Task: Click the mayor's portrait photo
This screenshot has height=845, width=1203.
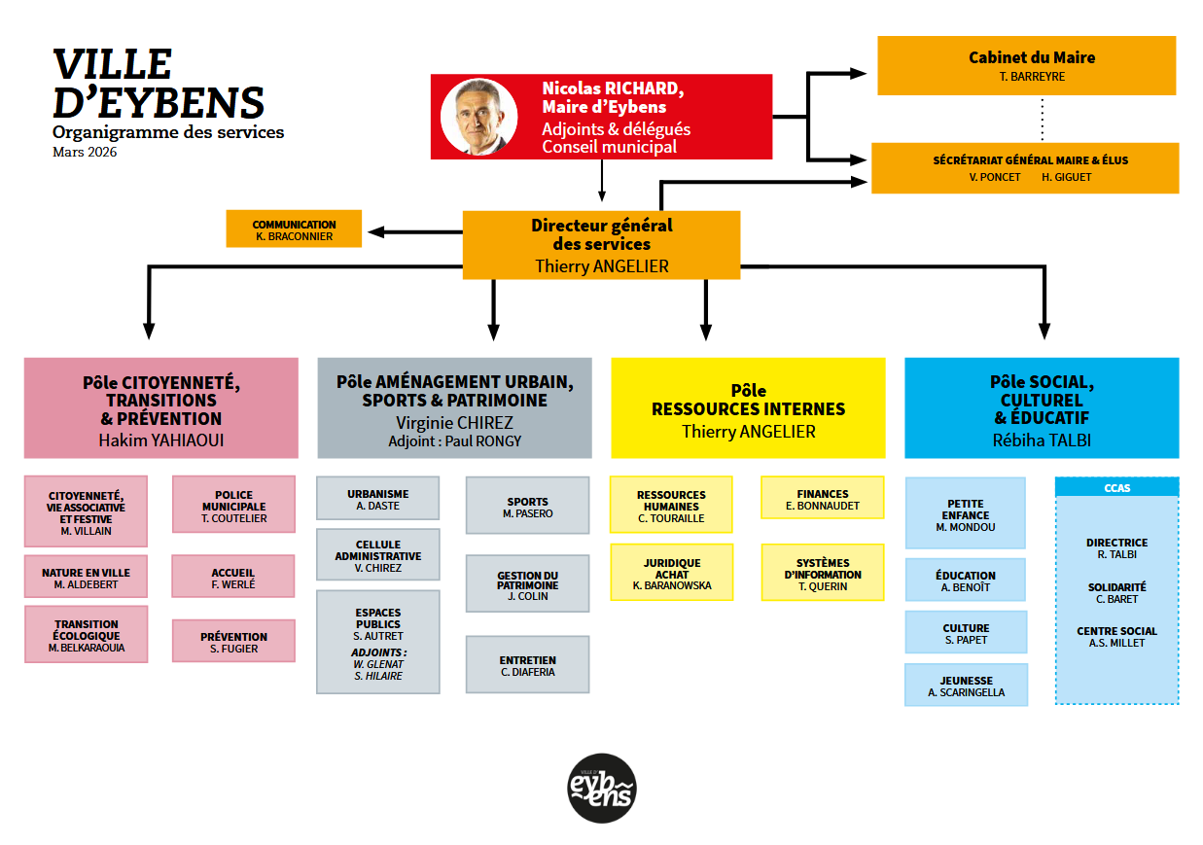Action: (478, 117)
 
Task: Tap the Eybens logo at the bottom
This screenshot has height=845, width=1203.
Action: (602, 788)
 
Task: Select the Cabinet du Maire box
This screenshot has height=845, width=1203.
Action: (1026, 65)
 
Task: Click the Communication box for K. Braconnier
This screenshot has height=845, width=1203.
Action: (294, 229)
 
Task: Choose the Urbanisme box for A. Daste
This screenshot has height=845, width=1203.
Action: (377, 499)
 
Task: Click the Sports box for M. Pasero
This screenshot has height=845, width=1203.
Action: (527, 505)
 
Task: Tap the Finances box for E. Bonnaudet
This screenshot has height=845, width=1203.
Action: (822, 499)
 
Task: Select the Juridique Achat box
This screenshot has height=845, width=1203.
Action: (671, 573)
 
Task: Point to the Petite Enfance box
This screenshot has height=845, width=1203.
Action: (965, 513)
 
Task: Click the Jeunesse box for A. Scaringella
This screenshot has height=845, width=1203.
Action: (966, 686)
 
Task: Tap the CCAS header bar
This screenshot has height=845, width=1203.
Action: (1116, 487)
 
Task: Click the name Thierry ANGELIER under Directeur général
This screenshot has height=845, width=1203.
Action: (601, 265)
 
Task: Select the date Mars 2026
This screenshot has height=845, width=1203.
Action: (85, 152)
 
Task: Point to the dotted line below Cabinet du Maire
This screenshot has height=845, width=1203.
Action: (1042, 119)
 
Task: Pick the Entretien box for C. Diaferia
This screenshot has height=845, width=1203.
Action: (527, 665)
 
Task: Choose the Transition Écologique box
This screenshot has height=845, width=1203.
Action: (86, 635)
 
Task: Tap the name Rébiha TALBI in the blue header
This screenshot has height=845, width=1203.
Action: (1042, 440)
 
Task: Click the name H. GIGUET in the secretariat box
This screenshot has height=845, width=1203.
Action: (1066, 177)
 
